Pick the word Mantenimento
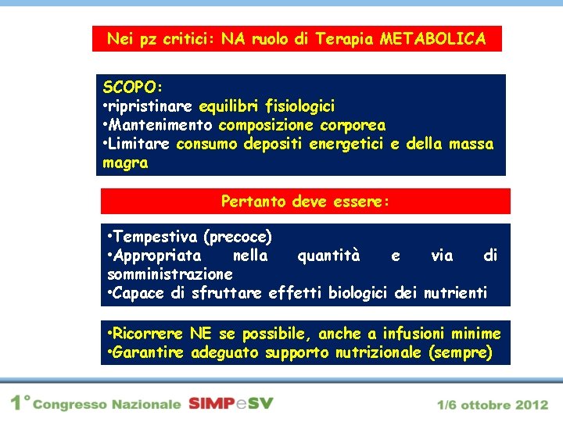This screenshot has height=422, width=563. coord(162,125)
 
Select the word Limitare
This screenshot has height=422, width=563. coord(140,144)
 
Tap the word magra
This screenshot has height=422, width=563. coord(125,163)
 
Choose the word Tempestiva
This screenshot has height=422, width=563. coord(155,236)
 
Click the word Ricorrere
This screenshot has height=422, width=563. coord(149,334)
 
